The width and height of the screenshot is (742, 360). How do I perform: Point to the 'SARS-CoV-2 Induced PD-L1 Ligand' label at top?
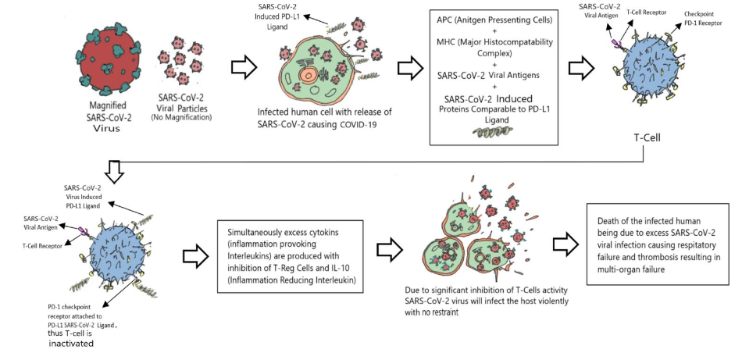click(x=276, y=16)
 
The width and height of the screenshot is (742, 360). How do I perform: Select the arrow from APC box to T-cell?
click(x=579, y=68)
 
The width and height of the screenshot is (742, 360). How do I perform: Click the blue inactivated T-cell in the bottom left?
click(x=116, y=258)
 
